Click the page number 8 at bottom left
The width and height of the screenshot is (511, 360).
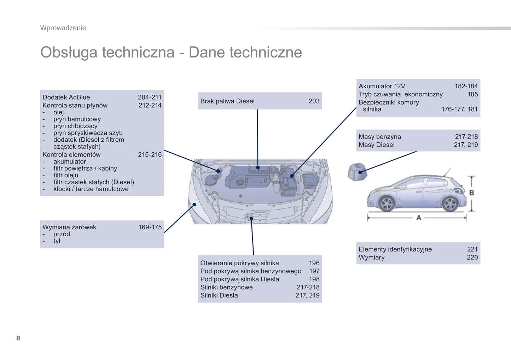(x=18, y=338)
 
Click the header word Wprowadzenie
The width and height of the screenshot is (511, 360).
(x=63, y=28)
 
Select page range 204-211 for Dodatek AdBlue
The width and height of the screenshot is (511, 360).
(x=150, y=97)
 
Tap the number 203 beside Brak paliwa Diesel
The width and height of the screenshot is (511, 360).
(x=314, y=101)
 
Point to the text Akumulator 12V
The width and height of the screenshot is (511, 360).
(x=382, y=86)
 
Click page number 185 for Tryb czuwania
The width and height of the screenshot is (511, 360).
(x=472, y=94)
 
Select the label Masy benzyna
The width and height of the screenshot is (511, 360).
(x=379, y=137)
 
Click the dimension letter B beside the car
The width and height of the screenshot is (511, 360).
(x=471, y=193)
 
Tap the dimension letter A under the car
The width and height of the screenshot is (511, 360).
(x=419, y=218)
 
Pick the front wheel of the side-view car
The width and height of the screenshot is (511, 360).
(x=387, y=203)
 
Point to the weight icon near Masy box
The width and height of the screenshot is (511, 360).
(x=358, y=172)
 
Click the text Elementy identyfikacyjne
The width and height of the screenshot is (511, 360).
(x=395, y=249)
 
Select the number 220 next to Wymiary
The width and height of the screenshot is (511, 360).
(x=472, y=257)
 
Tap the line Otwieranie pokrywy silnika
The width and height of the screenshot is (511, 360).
(x=239, y=263)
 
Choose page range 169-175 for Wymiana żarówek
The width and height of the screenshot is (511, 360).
(x=150, y=227)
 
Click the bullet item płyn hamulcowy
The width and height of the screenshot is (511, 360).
(x=77, y=119)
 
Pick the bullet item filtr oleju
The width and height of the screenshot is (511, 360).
(x=66, y=175)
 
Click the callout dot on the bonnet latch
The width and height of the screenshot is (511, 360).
(x=251, y=219)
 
